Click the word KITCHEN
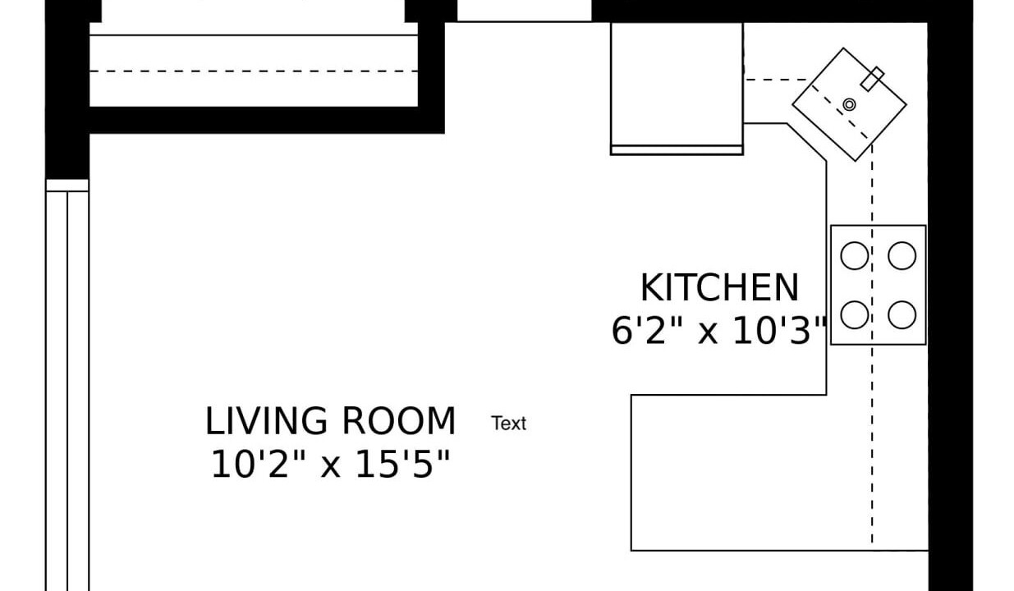coord(719,288)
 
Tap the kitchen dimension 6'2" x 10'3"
coord(720,331)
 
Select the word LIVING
coord(266,421)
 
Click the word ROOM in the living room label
coord(398,421)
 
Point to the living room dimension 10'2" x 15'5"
coord(330,464)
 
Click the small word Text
coord(508,424)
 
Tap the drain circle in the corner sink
coord(849,104)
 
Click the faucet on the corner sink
coord(872,79)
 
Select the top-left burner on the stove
coord(854,255)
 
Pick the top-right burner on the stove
coord(902,255)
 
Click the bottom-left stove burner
coord(854,314)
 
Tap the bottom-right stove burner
coord(902,314)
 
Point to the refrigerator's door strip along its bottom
coord(677,150)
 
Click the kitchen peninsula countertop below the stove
coord(779,473)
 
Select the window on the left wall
coord(67,385)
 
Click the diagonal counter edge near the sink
coord(806,142)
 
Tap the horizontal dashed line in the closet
coord(254,71)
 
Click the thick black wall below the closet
coord(267,121)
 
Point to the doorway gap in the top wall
coord(524,11)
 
